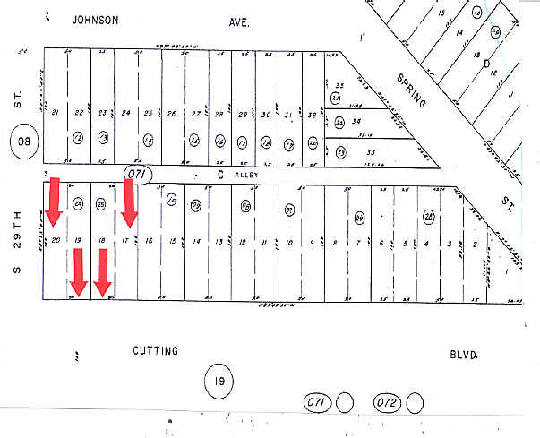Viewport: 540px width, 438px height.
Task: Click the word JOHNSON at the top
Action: tap(96, 19)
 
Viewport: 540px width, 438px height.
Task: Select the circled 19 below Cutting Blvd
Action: tap(219, 382)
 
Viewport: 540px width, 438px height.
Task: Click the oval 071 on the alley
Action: tap(135, 171)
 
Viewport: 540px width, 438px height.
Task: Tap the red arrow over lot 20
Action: tap(54, 202)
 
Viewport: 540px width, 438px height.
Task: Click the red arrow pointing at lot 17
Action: tap(128, 202)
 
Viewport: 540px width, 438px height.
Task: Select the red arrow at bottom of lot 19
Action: tap(78, 271)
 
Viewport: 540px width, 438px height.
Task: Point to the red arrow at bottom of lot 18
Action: tap(102, 271)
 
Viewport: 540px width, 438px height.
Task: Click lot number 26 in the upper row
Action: tap(172, 114)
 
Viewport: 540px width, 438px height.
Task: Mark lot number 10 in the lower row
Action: tap(288, 242)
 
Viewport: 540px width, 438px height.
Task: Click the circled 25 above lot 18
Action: tap(101, 203)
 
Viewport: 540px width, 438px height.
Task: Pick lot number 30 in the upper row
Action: tap(266, 114)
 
